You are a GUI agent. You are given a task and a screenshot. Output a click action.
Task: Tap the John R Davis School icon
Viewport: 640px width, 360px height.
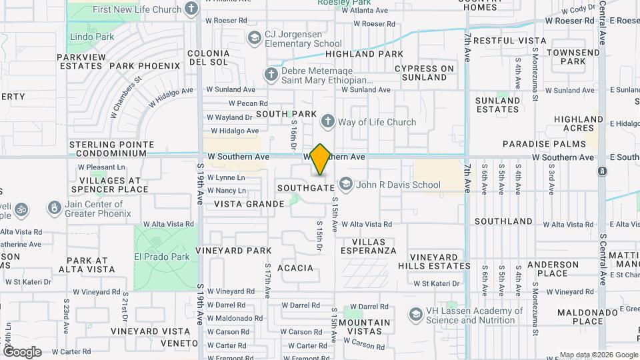tap(346, 183)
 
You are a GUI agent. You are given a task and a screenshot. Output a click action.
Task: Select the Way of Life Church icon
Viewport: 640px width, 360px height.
tap(327, 121)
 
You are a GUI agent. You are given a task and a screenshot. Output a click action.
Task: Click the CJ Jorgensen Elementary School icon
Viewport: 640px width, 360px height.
tap(253, 37)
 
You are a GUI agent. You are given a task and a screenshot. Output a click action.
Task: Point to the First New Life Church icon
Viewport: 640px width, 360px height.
tap(192, 9)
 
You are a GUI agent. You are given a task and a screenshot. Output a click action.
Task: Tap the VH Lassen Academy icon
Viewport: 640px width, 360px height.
tap(415, 313)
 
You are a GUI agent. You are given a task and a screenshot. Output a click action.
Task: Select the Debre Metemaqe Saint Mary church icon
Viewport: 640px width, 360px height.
tap(271, 74)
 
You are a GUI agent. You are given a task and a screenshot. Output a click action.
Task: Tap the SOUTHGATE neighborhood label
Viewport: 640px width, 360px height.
tap(306, 188)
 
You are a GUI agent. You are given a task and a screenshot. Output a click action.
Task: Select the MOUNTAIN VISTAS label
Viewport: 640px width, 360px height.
tap(365, 327)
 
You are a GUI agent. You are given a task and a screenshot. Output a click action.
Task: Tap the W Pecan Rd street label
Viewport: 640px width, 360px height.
tap(247, 103)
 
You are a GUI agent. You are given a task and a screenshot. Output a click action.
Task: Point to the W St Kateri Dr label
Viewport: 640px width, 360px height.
tap(437, 283)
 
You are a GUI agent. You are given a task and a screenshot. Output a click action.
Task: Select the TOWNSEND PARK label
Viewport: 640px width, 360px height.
tap(573, 57)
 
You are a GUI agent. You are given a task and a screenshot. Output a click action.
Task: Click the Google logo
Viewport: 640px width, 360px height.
tap(22, 352)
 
